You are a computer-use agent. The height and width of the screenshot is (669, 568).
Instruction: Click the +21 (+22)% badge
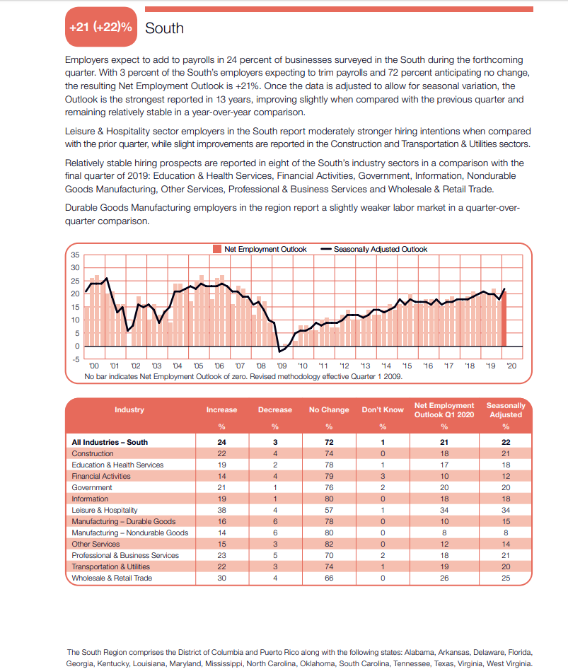[x=101, y=27]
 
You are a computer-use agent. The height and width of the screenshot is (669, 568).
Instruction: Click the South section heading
[x=164, y=28]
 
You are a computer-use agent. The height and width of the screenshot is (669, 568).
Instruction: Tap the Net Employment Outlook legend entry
[x=260, y=249]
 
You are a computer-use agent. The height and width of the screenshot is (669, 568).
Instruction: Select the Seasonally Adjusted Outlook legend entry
[x=374, y=249]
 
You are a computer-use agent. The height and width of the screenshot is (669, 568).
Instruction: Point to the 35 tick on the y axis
[x=75, y=255]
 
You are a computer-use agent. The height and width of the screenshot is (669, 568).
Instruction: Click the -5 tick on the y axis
[x=76, y=359]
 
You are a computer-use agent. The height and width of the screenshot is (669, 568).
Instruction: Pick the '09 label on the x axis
[x=282, y=366]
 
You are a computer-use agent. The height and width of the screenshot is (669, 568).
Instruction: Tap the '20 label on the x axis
[x=511, y=366]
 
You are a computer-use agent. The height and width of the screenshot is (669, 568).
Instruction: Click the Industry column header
[x=129, y=409]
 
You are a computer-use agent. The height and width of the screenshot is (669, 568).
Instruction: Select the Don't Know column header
[x=383, y=409]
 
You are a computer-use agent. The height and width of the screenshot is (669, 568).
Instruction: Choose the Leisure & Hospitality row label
[x=105, y=510]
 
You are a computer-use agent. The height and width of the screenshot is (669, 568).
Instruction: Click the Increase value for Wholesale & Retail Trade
[x=222, y=578]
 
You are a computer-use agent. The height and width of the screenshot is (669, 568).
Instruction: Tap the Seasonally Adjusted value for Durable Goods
[x=506, y=521]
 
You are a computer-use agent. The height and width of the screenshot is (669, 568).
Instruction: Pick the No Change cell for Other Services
[x=329, y=544]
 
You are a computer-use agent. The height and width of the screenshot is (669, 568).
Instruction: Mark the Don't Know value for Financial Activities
[x=383, y=476]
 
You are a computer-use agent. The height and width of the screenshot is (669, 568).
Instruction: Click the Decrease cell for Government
[x=275, y=487]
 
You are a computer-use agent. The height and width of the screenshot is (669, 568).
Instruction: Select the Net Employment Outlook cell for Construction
[x=444, y=453]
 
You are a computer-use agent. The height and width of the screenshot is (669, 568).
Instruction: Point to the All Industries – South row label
[x=110, y=442]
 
